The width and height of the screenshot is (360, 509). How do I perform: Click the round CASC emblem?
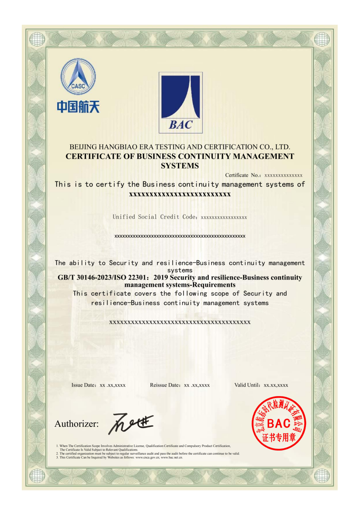point(78,76)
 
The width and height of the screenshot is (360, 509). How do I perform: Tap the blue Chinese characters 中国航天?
point(78,106)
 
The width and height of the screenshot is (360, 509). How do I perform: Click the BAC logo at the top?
point(180,102)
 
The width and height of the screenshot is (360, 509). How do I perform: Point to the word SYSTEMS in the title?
point(180,166)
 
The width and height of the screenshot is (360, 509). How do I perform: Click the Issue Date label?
point(84,385)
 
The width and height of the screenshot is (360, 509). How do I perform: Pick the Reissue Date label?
point(165,385)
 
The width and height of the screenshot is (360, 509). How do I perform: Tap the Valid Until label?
point(248,385)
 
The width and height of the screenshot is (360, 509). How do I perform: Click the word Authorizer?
point(76,424)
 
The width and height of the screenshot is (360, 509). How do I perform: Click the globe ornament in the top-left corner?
point(38,39)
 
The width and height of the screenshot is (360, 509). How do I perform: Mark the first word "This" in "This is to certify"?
point(63,184)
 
